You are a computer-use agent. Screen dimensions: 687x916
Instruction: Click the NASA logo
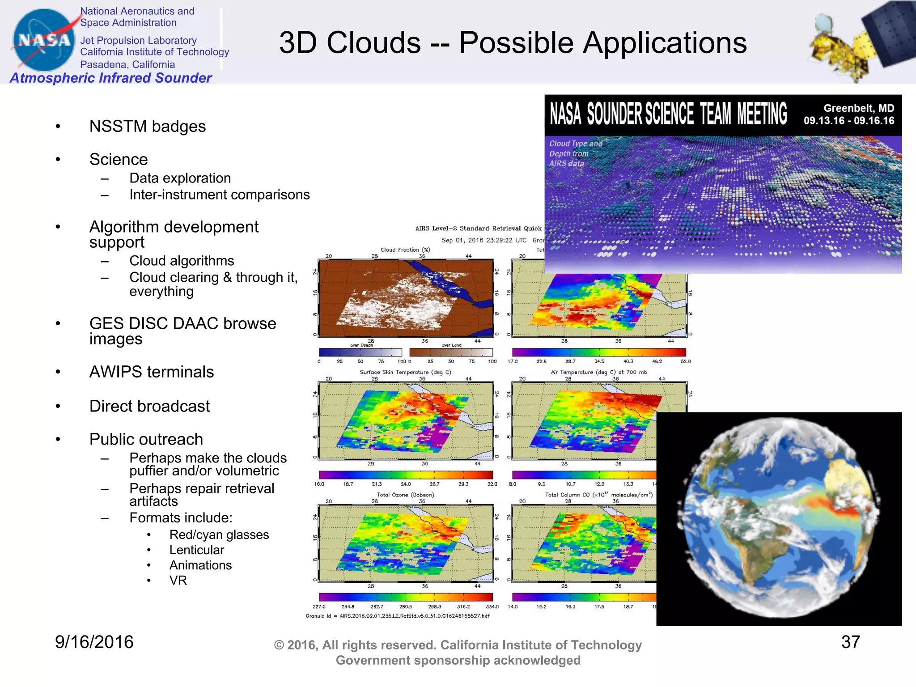coord(44,40)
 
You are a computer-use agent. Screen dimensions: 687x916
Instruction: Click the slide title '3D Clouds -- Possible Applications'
coord(513,43)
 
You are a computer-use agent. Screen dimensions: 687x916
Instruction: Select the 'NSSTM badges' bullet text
coord(147,127)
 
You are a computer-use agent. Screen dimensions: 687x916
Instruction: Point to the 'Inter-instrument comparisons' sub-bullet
coord(219,195)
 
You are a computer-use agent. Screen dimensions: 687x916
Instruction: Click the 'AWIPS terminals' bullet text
coord(151,372)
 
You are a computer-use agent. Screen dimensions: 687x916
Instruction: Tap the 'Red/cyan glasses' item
coord(219,535)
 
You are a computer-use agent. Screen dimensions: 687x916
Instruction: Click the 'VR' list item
coord(178,581)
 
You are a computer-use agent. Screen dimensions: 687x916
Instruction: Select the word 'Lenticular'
coord(196,550)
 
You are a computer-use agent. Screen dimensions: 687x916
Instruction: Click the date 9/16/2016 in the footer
coord(94,642)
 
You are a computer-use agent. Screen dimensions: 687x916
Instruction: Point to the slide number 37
coord(850,642)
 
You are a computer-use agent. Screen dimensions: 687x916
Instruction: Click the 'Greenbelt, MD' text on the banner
coord(859,108)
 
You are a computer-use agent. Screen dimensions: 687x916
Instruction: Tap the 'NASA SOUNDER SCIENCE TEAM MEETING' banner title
coord(668,114)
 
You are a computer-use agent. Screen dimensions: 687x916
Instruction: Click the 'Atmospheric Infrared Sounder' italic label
coord(110,78)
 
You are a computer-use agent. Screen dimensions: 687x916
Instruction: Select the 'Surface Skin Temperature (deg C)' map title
coord(405,372)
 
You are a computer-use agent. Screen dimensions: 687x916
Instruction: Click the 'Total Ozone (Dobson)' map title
coord(405,495)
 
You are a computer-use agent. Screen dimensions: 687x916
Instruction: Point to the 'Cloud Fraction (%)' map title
coord(405,250)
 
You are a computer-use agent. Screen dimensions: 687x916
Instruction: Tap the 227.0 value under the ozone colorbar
coord(319,607)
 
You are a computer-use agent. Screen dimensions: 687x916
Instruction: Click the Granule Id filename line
coord(398,616)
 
